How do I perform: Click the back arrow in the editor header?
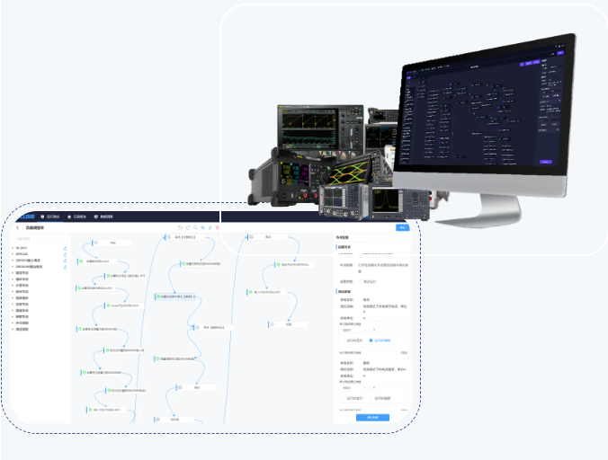click(17, 228)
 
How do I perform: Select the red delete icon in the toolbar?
click(217, 228)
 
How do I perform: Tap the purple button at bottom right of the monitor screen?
click(545, 162)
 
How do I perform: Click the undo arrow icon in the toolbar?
click(179, 228)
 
